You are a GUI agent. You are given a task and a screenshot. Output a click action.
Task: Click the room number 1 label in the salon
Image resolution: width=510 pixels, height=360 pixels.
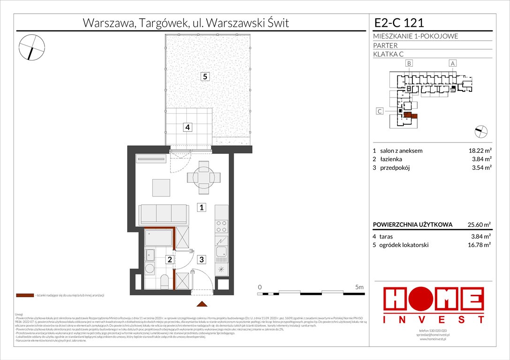coord(200,207)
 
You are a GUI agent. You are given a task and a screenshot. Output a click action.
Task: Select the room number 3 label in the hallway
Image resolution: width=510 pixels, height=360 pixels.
coord(200,259)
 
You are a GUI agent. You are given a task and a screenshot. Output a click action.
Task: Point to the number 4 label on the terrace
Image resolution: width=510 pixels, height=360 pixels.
coord(187,127)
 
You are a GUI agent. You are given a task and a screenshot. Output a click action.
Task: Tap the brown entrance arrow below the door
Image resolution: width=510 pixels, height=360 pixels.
coord(202,304)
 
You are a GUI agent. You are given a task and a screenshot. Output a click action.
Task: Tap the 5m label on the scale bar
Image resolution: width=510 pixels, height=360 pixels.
coord(360,286)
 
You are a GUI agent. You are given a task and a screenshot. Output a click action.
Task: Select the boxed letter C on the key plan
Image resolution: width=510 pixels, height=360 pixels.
coord(380,111)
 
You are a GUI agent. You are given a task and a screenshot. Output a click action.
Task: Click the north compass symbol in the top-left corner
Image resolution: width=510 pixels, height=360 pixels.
coord(32,47)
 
